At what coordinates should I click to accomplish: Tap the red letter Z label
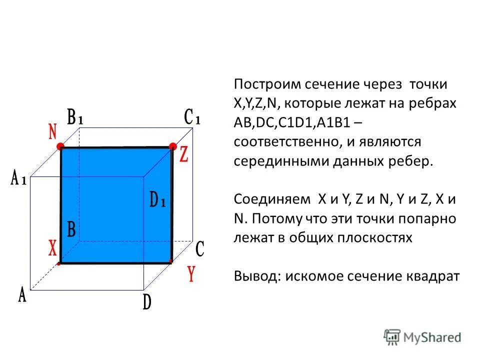pyautogui.click(x=183, y=155)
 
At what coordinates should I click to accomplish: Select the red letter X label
pyautogui.click(x=52, y=248)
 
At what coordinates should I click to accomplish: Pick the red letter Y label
pyautogui.click(x=190, y=274)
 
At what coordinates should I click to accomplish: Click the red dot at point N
pyautogui.click(x=61, y=146)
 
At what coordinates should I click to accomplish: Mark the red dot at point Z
pyautogui.click(x=172, y=146)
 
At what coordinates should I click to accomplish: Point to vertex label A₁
pyautogui.click(x=18, y=178)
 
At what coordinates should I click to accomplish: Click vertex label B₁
pyautogui.click(x=75, y=118)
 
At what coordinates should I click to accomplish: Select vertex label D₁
pyautogui.click(x=158, y=200)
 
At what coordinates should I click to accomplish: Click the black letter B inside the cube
pyautogui.click(x=71, y=230)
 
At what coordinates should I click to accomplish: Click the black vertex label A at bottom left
pyautogui.click(x=22, y=295)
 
